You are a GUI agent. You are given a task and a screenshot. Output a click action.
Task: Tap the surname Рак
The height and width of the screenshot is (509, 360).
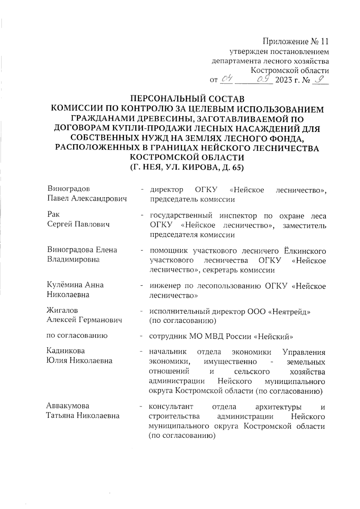(x=53, y=214)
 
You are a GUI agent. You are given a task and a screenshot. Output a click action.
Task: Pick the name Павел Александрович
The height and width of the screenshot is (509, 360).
(x=87, y=199)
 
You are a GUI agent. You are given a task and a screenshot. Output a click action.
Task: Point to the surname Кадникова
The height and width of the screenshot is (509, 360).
(x=66, y=351)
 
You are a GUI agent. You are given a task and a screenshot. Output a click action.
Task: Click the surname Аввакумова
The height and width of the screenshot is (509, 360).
(x=68, y=406)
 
